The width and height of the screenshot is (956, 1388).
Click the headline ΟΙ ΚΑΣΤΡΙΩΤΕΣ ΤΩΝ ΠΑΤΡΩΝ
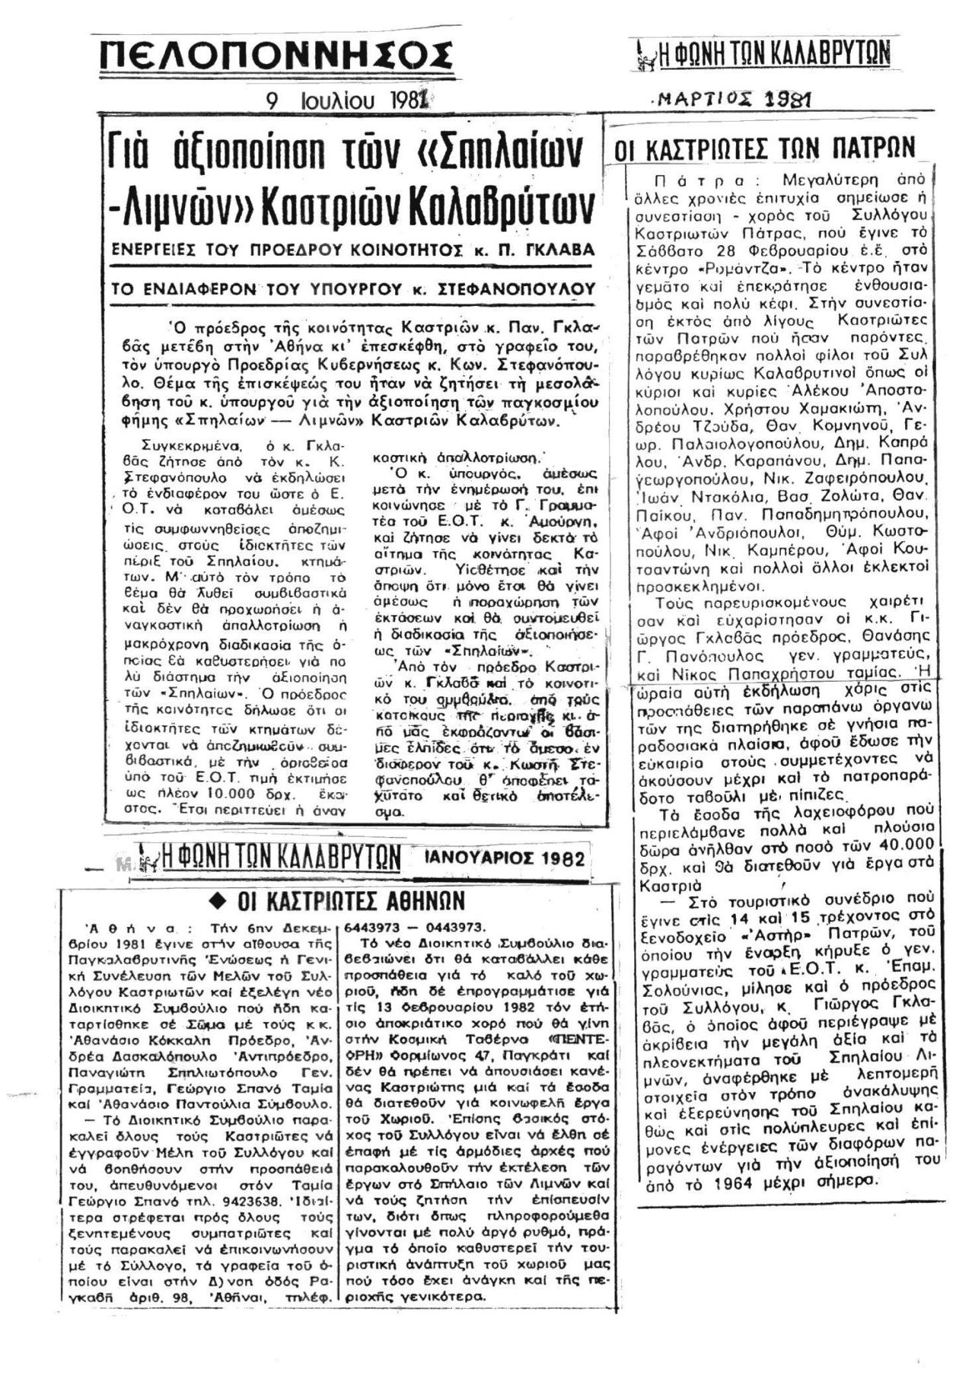pos(765,148)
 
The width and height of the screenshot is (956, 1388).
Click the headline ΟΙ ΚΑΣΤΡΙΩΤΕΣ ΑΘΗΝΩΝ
pos(351,901)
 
